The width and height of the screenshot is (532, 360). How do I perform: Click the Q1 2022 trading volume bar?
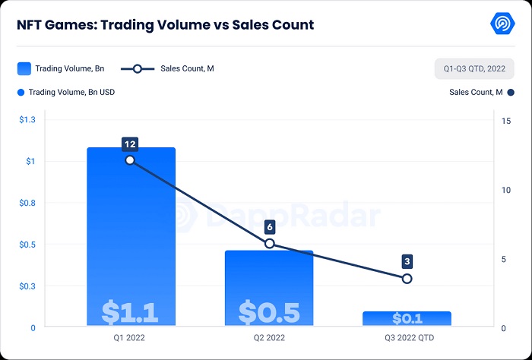coord(131,228)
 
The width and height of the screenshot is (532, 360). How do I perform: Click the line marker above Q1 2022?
coord(130,159)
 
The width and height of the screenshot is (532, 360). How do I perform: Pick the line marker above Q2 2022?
coord(269,244)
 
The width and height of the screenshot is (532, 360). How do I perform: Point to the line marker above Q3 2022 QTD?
coord(407,279)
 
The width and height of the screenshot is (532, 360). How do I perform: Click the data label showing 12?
coord(130,144)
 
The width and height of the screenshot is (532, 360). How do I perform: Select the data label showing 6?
coord(269,227)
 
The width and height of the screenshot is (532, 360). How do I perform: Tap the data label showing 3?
coord(407,262)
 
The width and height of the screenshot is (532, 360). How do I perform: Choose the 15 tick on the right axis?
coord(506,121)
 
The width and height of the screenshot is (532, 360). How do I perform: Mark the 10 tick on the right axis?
coord(506,190)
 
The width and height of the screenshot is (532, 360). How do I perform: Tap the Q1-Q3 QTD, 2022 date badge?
coord(474,68)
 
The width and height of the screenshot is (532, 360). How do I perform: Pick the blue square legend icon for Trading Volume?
coord(24,68)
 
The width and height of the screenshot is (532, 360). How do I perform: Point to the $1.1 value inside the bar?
coord(130,311)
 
